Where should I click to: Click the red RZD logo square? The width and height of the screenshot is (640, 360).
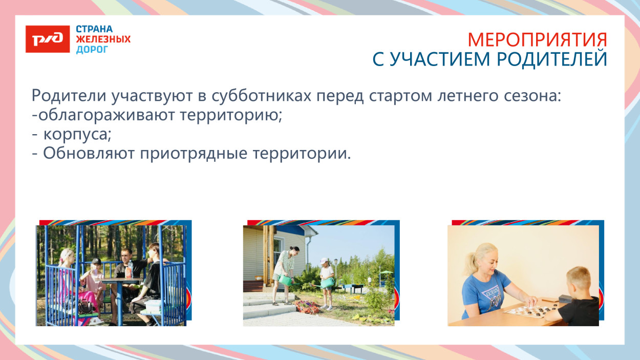click(48, 39)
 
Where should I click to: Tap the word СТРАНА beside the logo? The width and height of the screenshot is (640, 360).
click(94, 29)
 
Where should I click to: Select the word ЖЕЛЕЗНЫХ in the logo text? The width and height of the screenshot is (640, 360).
click(103, 39)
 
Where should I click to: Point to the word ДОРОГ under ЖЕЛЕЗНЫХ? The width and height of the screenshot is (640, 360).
click(92, 50)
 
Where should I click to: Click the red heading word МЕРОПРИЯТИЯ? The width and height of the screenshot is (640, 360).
click(537, 40)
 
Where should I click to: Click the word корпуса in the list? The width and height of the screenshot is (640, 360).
click(77, 135)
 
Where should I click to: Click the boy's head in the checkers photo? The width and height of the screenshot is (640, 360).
click(581, 280)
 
